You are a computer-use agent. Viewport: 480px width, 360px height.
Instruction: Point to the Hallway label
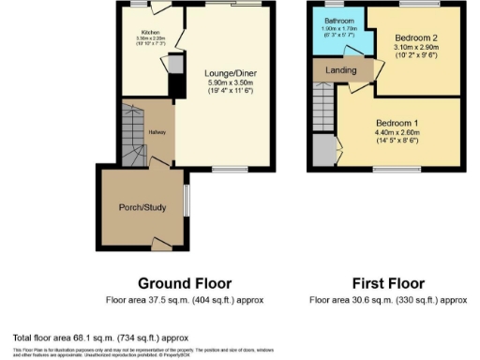point(156,131)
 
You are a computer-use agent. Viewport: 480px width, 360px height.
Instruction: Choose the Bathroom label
point(338,20)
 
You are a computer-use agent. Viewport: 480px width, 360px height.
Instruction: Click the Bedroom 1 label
point(401,124)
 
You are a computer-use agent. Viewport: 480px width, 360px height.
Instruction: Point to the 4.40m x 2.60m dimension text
point(401,134)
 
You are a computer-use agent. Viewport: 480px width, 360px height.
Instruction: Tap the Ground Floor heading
point(185,283)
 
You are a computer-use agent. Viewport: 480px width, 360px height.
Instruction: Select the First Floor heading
point(387,283)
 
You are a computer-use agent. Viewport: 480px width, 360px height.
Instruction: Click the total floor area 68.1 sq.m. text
point(101,337)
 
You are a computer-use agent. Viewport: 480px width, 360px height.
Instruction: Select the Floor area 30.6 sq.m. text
point(387,300)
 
